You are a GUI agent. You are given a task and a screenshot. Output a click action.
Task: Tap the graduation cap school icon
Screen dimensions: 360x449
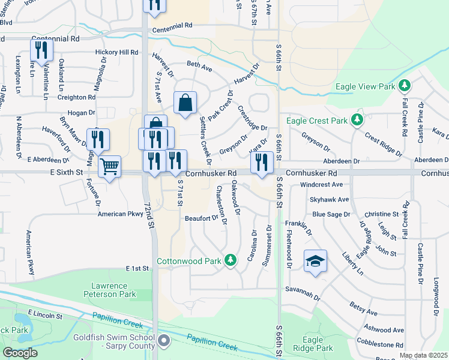pos(315,260)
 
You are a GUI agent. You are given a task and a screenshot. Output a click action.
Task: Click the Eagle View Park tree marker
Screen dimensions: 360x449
pos(405,86)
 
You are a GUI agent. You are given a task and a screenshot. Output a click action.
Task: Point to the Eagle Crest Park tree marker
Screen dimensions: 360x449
pos(357,120)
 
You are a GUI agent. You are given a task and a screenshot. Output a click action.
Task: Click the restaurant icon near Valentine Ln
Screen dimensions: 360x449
pos(41,50)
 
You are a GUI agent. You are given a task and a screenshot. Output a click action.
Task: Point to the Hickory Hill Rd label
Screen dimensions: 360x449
pos(116,53)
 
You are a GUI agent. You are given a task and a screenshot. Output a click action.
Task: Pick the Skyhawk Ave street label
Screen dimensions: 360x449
pos(326,199)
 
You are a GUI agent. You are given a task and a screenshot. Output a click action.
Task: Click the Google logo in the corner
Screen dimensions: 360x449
pos(20,353)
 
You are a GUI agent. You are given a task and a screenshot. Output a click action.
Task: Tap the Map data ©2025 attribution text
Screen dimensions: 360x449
pos(423,356)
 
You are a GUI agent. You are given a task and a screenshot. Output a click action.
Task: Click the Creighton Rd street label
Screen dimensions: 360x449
pos(76,97)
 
